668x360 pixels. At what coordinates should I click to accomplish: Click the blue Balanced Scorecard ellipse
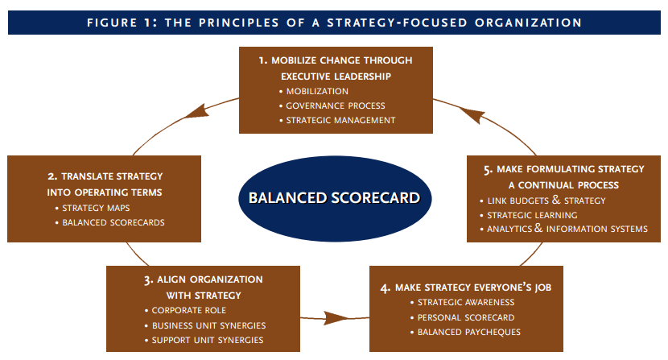tap(334, 197)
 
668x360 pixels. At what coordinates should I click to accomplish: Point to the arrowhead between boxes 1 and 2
tap(192, 114)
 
